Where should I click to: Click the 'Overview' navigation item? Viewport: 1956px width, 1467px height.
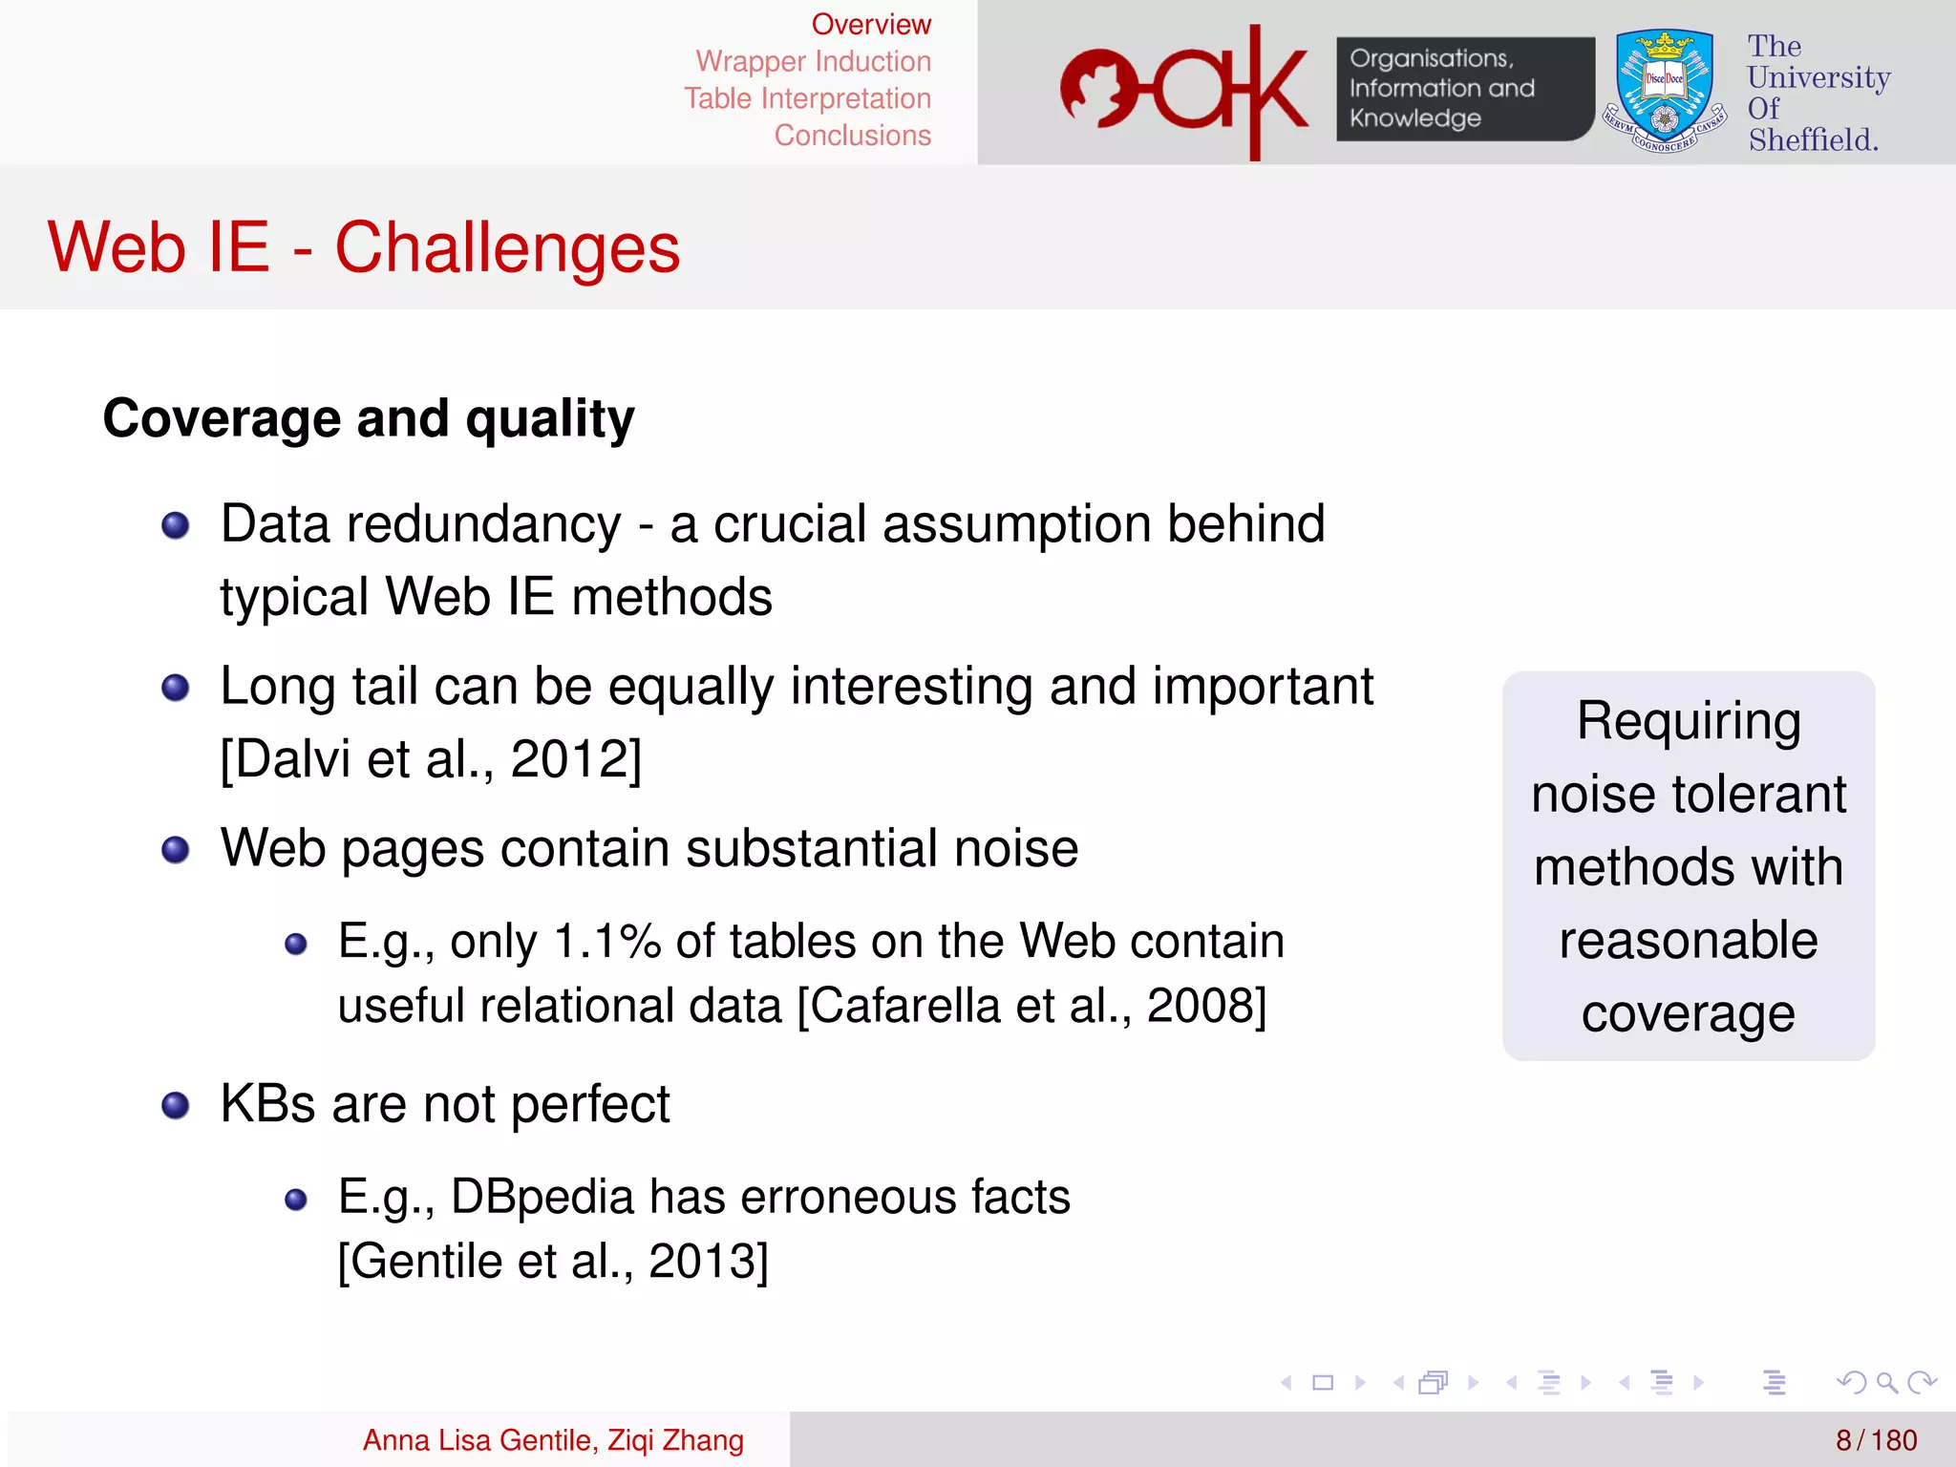pos(870,25)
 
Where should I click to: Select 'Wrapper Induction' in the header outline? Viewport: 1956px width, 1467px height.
pos(813,62)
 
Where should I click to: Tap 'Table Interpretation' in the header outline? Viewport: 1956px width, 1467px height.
pos(807,98)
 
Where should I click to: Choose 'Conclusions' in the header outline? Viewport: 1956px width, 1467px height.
pos(852,136)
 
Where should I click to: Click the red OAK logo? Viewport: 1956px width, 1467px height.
pos(1184,92)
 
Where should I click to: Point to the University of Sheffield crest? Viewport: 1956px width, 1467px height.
pos(1664,92)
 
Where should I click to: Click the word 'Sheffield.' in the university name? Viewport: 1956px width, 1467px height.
pos(1813,140)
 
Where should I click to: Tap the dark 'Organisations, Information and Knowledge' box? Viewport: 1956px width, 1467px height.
pos(1463,89)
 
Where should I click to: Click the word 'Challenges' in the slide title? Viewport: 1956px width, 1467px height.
pos(507,248)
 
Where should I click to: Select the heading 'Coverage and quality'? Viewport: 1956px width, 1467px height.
pos(369,418)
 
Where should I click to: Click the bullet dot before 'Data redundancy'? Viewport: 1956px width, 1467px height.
pos(176,525)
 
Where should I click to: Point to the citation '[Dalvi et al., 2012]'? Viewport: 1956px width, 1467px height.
pos(431,760)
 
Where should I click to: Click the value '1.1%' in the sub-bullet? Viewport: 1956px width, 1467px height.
pos(607,942)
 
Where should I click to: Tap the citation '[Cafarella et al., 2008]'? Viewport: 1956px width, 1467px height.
pos(1031,1006)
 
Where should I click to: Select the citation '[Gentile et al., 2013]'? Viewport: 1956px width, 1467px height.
pos(553,1262)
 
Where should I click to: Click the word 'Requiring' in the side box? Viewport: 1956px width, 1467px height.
pos(1688,722)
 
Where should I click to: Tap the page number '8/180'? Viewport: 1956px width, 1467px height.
pos(1876,1440)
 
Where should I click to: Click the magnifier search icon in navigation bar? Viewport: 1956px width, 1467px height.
pos(1885,1382)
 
